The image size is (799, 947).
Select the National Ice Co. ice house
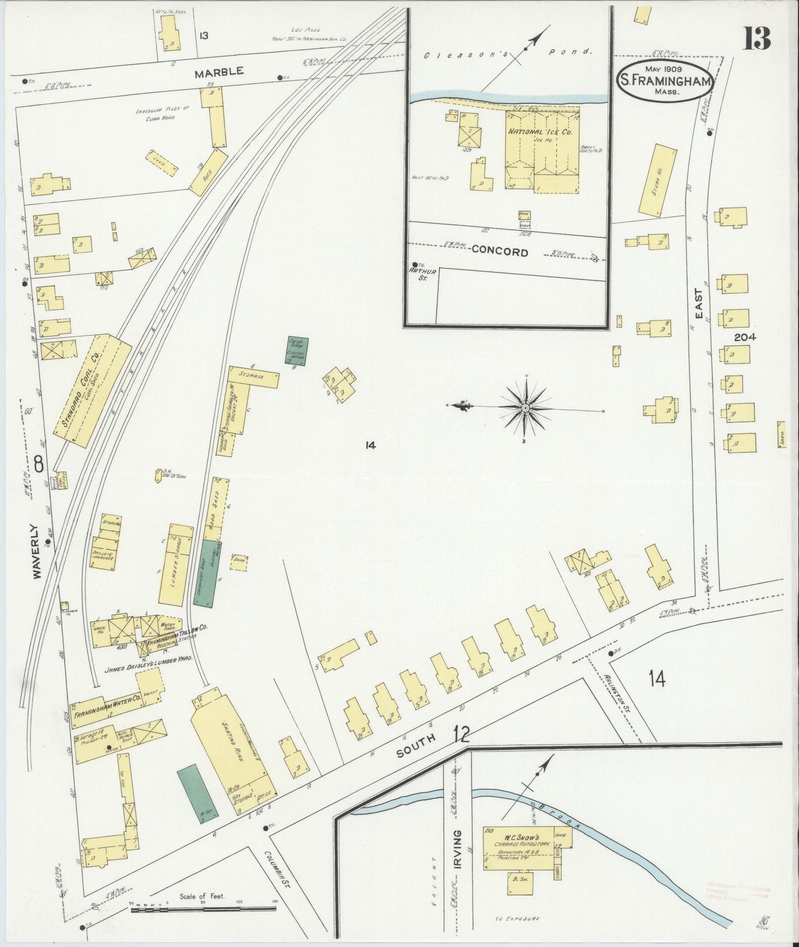[x=540, y=149]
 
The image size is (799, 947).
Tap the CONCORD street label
[x=499, y=252]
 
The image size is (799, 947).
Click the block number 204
[x=745, y=338]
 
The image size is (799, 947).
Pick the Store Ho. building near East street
[x=657, y=180]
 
